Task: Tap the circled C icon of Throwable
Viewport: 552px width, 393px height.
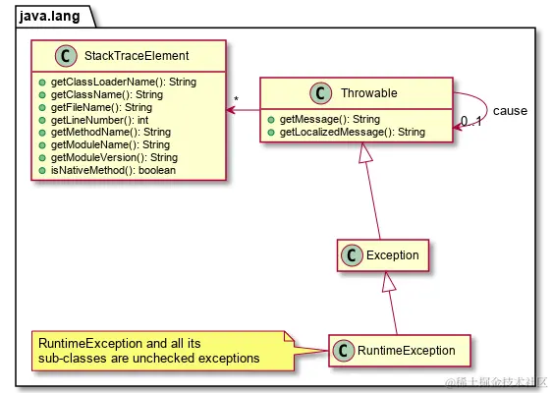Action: click(x=321, y=93)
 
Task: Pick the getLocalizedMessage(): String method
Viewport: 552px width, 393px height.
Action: click(x=352, y=131)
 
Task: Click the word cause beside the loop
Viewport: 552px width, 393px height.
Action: click(x=510, y=110)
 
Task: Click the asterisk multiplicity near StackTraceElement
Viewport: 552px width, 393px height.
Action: click(x=236, y=99)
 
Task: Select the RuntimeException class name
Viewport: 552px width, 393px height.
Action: click(x=408, y=350)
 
